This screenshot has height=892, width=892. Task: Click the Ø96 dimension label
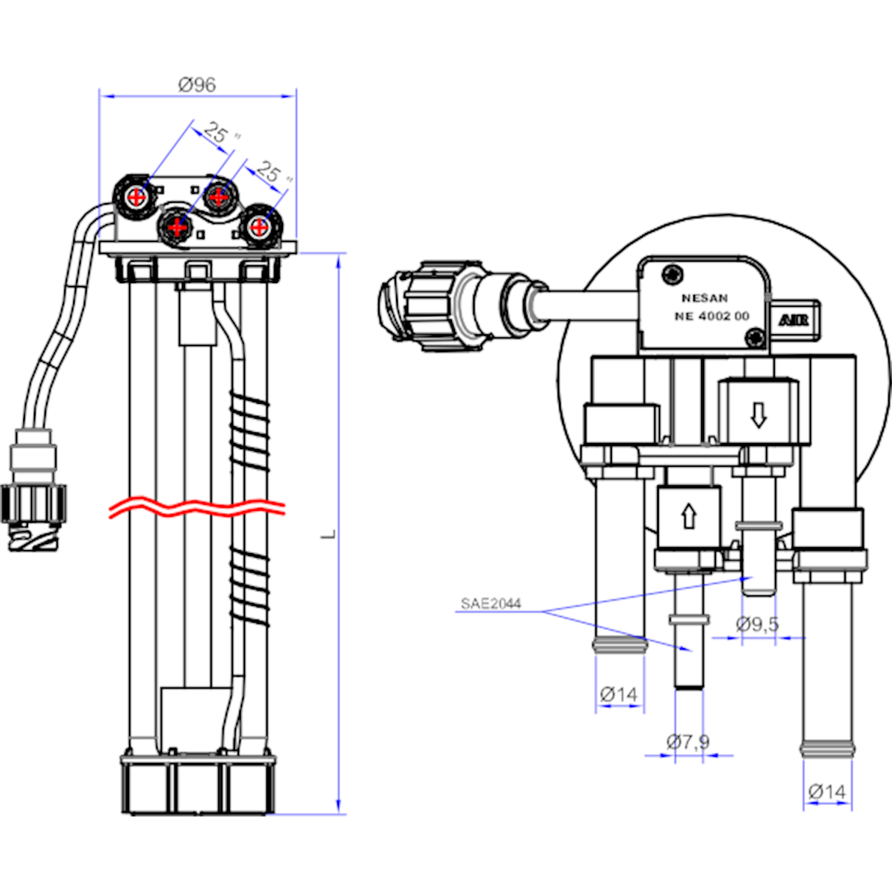(x=197, y=85)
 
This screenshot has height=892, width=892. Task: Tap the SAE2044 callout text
(x=491, y=604)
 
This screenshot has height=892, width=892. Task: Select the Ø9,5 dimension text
(x=757, y=624)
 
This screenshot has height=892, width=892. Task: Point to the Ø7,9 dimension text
(x=688, y=742)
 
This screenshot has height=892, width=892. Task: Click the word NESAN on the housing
(x=705, y=298)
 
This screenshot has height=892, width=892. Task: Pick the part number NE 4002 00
(x=712, y=316)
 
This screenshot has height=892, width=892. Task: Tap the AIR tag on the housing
(x=793, y=321)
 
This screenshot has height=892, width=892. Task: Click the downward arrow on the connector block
(x=758, y=414)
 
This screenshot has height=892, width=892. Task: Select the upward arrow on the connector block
(x=689, y=516)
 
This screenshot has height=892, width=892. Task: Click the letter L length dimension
(x=329, y=534)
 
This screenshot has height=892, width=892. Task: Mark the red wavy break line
(x=197, y=507)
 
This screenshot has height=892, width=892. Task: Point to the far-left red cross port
(x=137, y=197)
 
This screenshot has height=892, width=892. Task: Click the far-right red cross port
(x=259, y=227)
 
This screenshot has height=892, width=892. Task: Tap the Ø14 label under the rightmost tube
(x=827, y=792)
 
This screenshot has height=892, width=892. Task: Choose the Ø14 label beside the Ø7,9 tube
(x=618, y=694)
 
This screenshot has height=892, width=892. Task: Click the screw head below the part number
(x=755, y=338)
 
